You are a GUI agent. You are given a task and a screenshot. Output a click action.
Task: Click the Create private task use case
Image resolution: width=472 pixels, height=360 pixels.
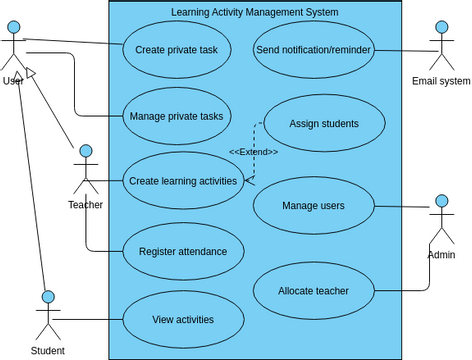coord(176,48)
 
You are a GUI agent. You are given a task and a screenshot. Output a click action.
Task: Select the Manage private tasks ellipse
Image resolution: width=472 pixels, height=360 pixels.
coord(176,116)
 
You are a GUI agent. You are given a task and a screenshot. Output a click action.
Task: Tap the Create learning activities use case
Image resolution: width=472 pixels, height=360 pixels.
coord(183,181)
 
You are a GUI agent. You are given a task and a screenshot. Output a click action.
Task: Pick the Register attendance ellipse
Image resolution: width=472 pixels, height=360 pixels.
coord(183,252)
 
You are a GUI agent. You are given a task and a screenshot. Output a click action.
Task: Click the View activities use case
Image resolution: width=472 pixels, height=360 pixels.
coord(183,320)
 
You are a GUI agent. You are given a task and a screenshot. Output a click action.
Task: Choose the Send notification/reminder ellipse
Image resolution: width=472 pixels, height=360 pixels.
coord(313,48)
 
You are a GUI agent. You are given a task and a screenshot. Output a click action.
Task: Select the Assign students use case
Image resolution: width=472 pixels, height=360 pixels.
coord(323,123)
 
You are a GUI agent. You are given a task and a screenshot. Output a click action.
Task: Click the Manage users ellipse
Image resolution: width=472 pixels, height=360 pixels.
coord(313,206)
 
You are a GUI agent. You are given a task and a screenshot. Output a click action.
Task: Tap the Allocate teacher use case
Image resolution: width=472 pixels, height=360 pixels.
coord(313,291)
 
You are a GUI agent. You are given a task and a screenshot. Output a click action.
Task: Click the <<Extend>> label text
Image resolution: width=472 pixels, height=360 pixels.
coord(253,152)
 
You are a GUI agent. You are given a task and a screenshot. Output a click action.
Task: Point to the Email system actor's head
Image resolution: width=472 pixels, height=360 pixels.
coord(441,29)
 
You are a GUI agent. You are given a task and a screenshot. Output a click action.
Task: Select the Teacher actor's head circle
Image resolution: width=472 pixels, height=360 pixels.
coord(85,151)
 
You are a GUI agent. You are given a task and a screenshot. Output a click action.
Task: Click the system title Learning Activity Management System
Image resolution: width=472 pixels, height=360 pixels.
coord(255,12)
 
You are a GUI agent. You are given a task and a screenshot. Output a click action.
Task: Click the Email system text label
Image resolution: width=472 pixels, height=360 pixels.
coord(441,81)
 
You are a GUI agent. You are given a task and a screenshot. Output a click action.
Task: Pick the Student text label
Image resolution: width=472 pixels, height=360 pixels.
coord(47,351)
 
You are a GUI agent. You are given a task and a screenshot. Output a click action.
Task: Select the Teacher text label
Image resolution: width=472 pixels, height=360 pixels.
coord(85,205)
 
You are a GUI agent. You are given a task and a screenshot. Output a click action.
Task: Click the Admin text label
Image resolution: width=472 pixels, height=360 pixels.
coord(441,256)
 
